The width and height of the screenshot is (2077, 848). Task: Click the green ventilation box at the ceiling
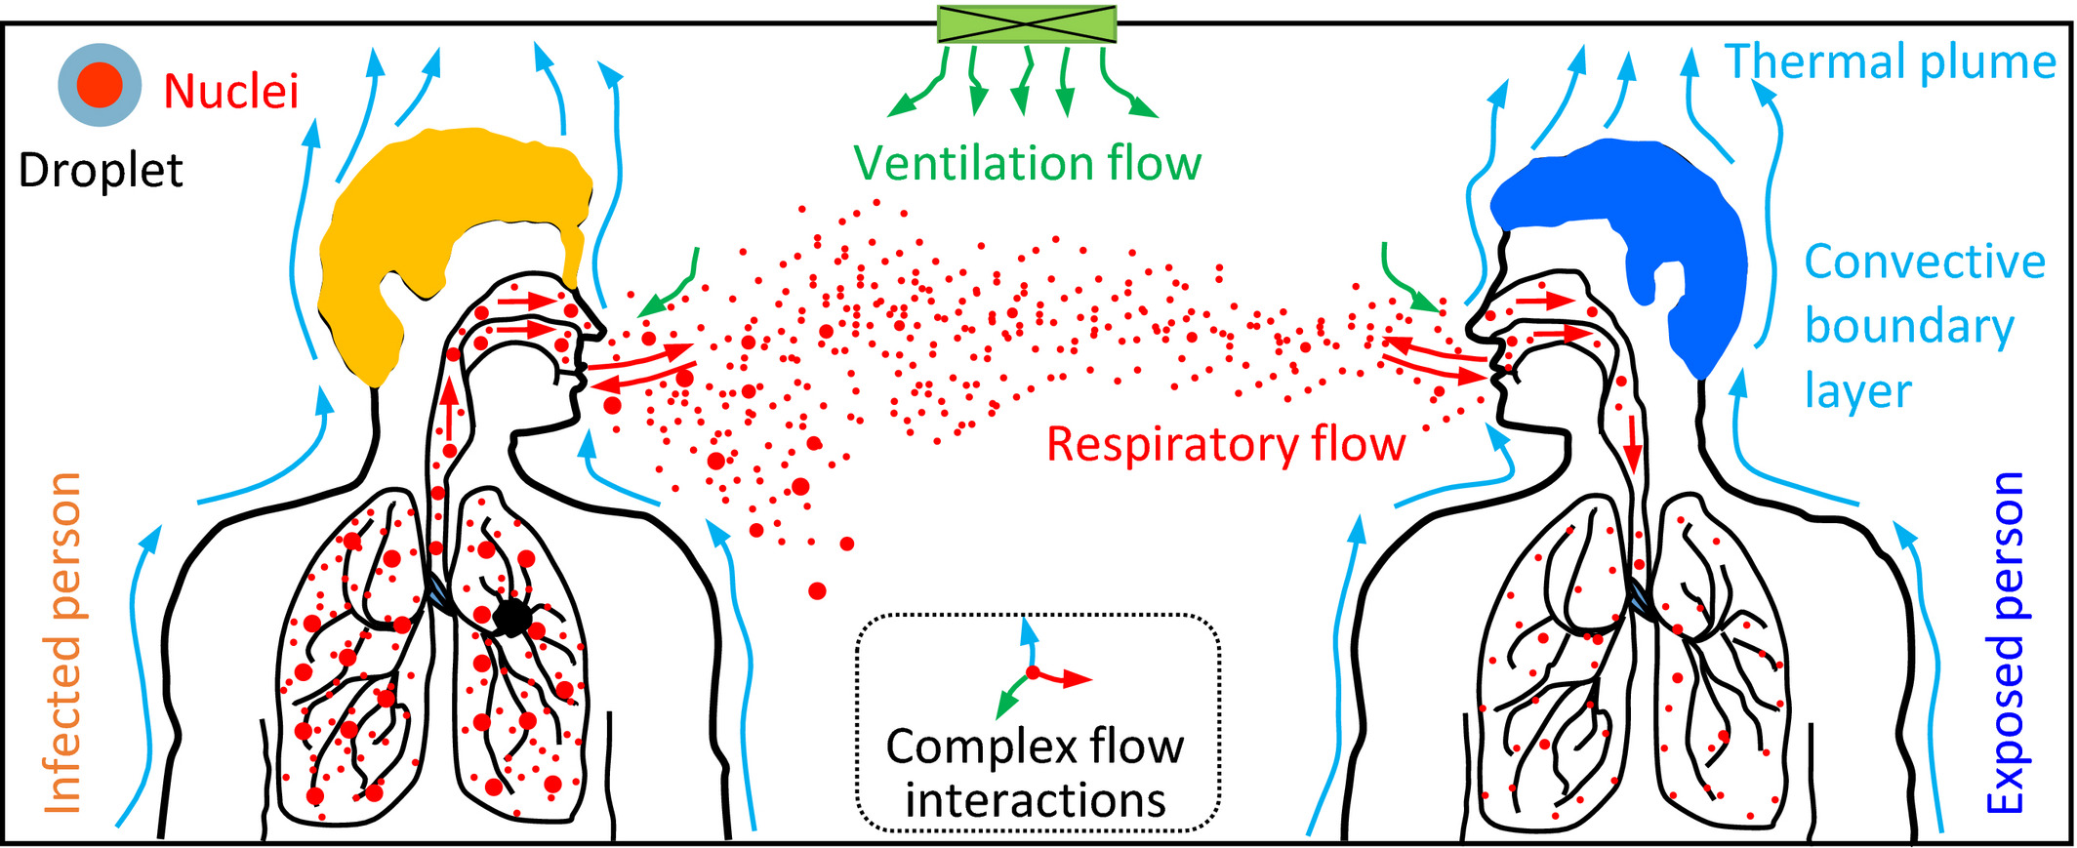(1026, 23)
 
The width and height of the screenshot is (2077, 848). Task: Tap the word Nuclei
(230, 92)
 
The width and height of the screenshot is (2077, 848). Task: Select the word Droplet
(101, 171)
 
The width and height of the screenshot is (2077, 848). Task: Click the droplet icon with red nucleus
(100, 85)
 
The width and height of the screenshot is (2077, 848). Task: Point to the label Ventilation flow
(1028, 163)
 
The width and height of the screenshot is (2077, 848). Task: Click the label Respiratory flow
(1225, 444)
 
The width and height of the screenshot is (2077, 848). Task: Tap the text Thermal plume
(1891, 61)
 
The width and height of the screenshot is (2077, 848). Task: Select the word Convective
(1924, 262)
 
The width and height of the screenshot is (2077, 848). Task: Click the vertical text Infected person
(64, 643)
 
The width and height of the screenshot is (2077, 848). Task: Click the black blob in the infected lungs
(511, 618)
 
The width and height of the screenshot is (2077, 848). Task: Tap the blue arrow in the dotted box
(1028, 640)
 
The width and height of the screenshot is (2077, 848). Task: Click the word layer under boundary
(1857, 392)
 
